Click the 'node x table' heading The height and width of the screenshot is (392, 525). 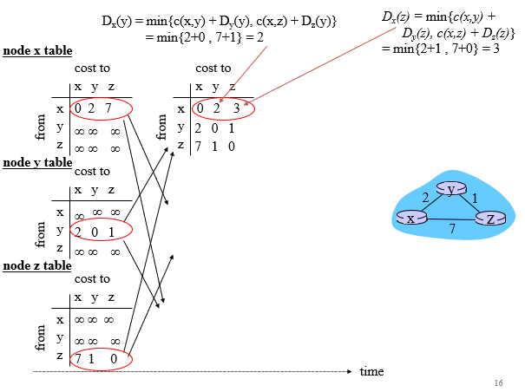click(x=38, y=51)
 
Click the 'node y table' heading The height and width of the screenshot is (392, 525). click(x=38, y=161)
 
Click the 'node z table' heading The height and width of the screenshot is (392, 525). click(x=38, y=265)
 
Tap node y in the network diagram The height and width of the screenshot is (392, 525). click(x=451, y=188)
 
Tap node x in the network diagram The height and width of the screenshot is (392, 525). click(x=411, y=218)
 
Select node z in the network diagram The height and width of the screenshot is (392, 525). click(x=490, y=218)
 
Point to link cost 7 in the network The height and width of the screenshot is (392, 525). click(x=451, y=230)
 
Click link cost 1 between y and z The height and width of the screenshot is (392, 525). click(x=475, y=198)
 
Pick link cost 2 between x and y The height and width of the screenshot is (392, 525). click(x=426, y=198)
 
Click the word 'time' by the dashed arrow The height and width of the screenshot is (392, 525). click(x=371, y=371)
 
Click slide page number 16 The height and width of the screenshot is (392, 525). click(x=497, y=382)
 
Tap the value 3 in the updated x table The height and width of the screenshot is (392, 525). click(x=235, y=109)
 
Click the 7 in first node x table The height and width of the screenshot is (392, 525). click(x=108, y=108)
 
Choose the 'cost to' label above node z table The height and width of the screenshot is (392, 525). click(x=93, y=279)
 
